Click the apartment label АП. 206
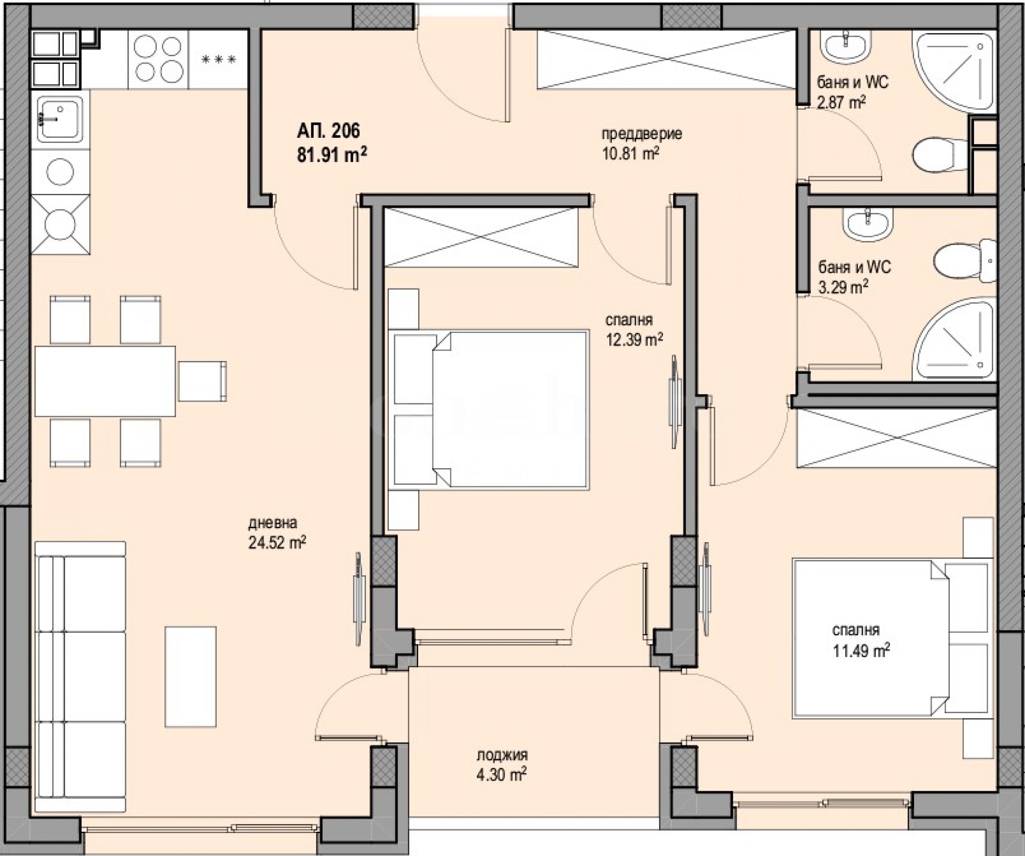coord(328,131)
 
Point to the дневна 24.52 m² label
coord(277,533)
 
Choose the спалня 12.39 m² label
coord(634,330)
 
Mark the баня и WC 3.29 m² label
coord(855,277)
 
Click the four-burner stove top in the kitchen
coord(158,60)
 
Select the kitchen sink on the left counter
coord(60,119)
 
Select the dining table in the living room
coord(105,381)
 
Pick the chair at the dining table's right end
coord(202,381)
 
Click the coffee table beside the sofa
coord(190,677)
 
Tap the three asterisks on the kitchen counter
coord(219,60)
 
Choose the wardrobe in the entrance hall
coord(667,60)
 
